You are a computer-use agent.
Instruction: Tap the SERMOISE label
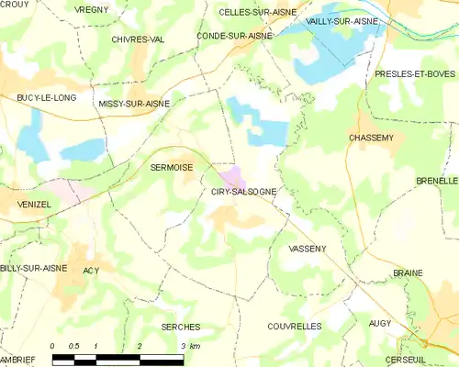coord(171,168)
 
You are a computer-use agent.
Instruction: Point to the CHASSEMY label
coord(372,137)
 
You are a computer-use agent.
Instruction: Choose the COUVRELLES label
coord(294,326)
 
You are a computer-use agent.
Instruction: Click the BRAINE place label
coord(407,273)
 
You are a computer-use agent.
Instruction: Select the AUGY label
coord(379,324)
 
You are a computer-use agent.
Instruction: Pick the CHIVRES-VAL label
coord(138,39)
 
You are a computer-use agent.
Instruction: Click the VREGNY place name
coord(91,9)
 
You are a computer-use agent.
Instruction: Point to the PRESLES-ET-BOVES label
coord(415,72)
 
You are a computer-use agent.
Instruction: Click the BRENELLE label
coord(436,182)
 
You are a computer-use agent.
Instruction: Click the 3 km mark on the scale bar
coord(183,345)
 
